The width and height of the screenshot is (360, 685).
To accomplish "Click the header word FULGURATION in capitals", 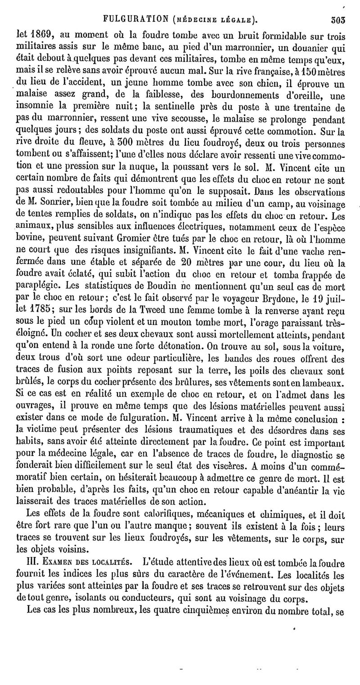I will (x=130, y=19).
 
